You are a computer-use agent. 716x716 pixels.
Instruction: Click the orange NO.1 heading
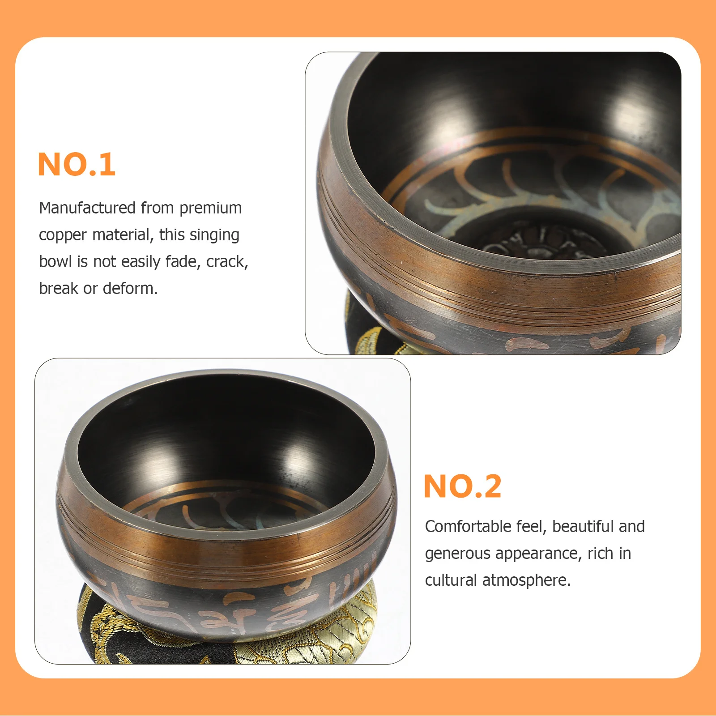coord(77,165)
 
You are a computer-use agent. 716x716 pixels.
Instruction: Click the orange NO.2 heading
coord(462,486)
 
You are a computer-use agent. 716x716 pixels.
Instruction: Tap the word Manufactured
coord(87,208)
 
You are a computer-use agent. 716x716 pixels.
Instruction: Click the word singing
coord(213,235)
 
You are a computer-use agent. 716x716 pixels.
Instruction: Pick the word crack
coord(227,262)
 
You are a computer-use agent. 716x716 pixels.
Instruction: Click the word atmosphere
coord(526,580)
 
